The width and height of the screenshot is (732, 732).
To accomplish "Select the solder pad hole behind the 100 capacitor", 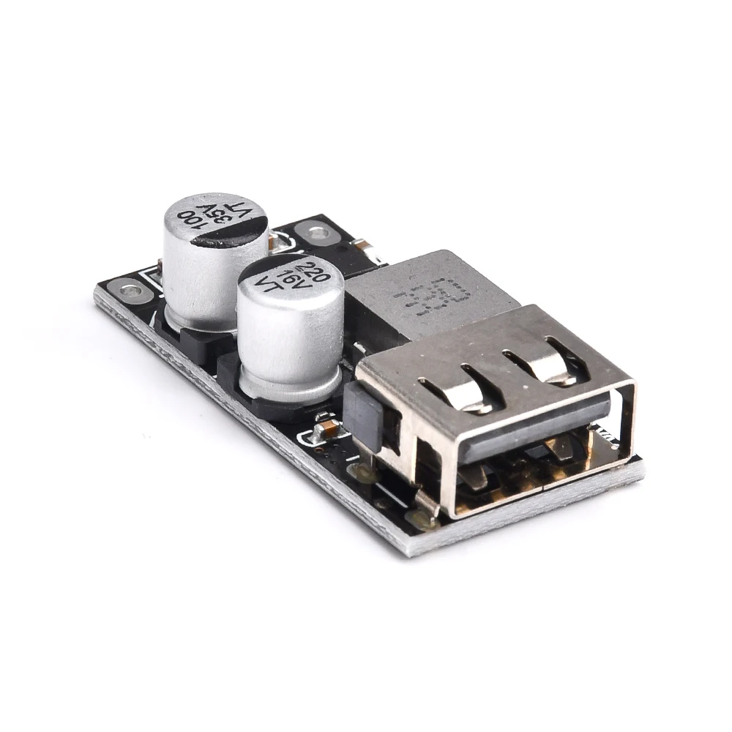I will pos(315,234).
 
